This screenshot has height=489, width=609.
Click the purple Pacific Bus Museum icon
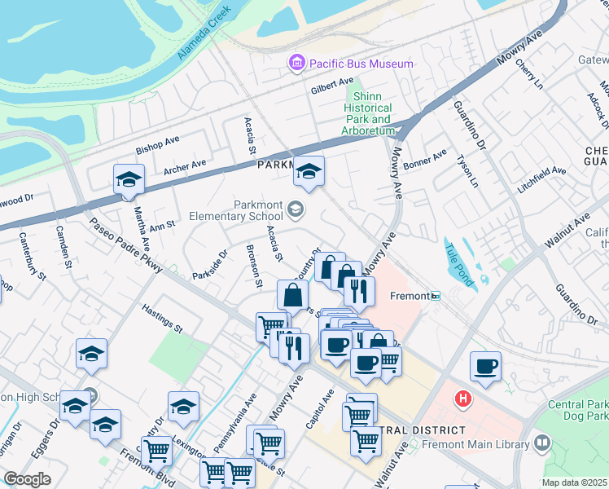(296, 63)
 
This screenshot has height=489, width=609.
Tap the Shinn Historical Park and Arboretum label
(367, 113)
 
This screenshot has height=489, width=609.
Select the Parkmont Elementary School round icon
(295, 211)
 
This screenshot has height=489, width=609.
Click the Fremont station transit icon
(436, 295)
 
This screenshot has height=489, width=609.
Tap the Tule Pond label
(459, 266)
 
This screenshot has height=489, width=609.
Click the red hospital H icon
(463, 399)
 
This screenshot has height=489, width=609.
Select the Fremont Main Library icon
(543, 444)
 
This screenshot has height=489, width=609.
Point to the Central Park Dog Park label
(576, 410)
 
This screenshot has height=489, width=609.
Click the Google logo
(27, 479)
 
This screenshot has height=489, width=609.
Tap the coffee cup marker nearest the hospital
(486, 367)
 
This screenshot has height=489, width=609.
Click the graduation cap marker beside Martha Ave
(129, 179)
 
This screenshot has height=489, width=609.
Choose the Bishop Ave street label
(157, 145)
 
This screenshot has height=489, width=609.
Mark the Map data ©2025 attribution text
(574, 482)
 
